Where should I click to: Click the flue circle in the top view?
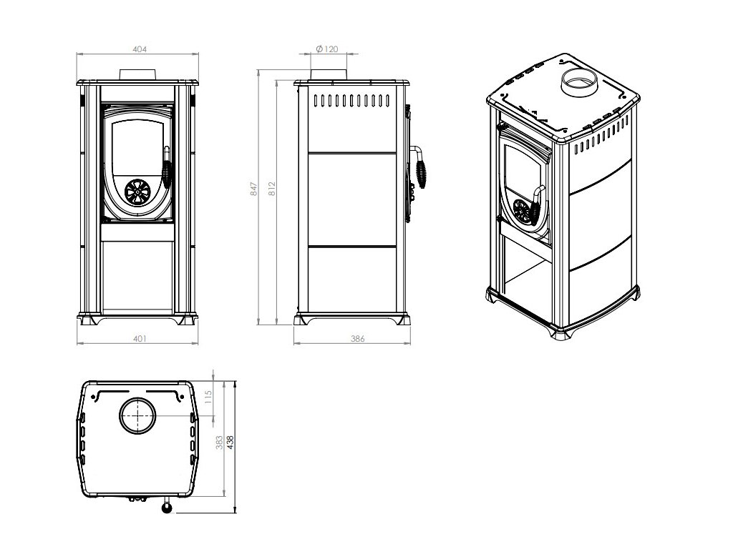point(136,415)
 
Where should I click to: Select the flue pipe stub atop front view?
point(138,74)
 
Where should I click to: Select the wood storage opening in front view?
point(137,275)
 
